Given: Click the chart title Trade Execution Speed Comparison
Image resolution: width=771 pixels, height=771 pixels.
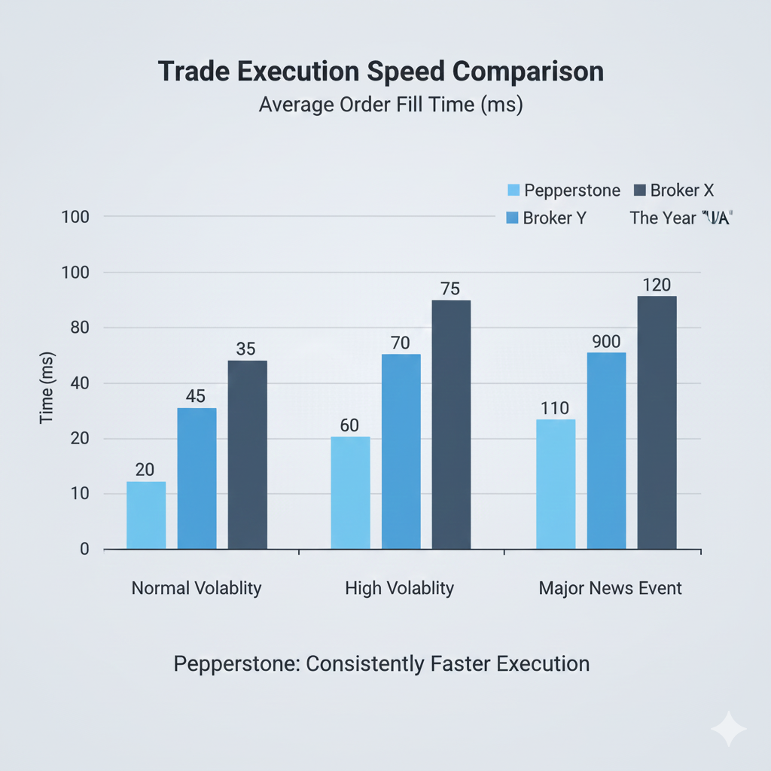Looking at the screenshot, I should [381, 72].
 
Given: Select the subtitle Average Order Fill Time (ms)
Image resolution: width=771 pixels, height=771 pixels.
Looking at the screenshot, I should [390, 105].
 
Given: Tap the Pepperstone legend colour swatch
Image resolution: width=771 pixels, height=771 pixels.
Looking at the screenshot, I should [513, 190].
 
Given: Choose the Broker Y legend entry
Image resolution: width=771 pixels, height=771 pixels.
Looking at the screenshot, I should [545, 218].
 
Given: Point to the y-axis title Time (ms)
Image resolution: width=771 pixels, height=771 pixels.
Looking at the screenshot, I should [47, 387].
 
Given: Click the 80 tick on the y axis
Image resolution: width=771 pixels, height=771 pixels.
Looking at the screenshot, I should [78, 328].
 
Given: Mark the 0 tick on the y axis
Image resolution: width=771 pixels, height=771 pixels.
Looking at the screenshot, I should [84, 549].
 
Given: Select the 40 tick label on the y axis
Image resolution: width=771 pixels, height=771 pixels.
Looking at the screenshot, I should [78, 383].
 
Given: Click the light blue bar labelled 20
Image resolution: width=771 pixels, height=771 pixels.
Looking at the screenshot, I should [146, 515].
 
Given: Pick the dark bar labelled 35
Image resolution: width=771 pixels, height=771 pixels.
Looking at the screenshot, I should [247, 455].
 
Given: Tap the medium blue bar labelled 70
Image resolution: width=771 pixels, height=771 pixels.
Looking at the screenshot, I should [401, 451].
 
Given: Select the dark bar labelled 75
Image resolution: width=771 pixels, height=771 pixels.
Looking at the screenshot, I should [452, 425].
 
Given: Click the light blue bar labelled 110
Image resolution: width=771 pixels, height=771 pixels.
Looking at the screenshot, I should [556, 483].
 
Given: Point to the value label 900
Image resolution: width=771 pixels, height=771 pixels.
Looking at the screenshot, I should [606, 341].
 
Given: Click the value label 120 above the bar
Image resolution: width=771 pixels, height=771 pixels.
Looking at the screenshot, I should [657, 285].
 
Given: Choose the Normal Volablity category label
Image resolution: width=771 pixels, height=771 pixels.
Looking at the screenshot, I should [197, 588].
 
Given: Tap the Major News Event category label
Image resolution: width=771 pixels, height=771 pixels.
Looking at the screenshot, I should [610, 588].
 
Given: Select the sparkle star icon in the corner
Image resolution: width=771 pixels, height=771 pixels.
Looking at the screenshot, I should [728, 728].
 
